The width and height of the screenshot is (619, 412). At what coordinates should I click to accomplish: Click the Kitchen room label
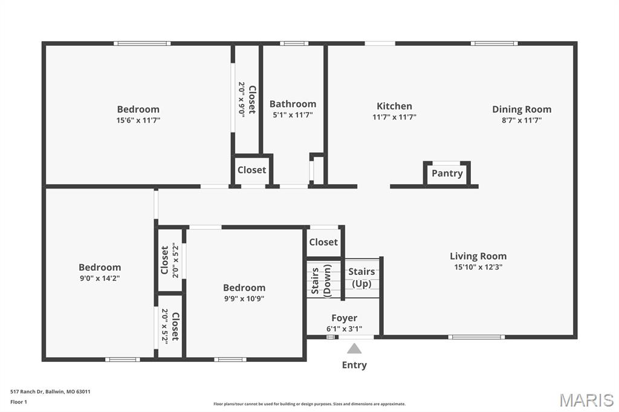click(394, 106)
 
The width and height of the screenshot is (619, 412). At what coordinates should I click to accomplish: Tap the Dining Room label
click(522, 109)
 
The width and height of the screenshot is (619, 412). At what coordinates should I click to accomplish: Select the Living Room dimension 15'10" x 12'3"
click(478, 267)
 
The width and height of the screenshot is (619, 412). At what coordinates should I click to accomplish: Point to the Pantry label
click(447, 173)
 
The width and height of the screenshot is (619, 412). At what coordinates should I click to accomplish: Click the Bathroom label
click(293, 104)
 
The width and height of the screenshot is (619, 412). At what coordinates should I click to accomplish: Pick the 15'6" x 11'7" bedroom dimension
click(138, 120)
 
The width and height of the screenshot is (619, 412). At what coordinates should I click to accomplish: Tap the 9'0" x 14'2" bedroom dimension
click(100, 278)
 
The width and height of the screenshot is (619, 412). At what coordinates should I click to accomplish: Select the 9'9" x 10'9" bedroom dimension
click(244, 299)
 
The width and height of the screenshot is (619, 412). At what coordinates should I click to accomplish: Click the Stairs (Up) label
click(361, 277)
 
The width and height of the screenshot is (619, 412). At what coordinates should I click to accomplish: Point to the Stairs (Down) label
click(321, 281)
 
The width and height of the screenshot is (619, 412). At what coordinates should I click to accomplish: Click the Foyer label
click(344, 318)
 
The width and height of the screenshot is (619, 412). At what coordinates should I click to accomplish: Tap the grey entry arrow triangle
click(354, 349)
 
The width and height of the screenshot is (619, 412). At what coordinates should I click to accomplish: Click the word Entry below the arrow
click(354, 365)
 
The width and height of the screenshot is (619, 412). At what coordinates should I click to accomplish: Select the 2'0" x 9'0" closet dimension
click(242, 98)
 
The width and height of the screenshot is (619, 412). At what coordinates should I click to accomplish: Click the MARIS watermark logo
click(586, 400)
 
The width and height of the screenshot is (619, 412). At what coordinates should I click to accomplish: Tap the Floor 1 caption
click(19, 402)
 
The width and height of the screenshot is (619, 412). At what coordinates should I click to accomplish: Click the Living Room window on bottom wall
click(476, 337)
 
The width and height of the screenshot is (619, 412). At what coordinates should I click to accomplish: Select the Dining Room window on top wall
click(494, 43)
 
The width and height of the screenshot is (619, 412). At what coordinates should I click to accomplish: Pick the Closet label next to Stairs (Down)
click(323, 242)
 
